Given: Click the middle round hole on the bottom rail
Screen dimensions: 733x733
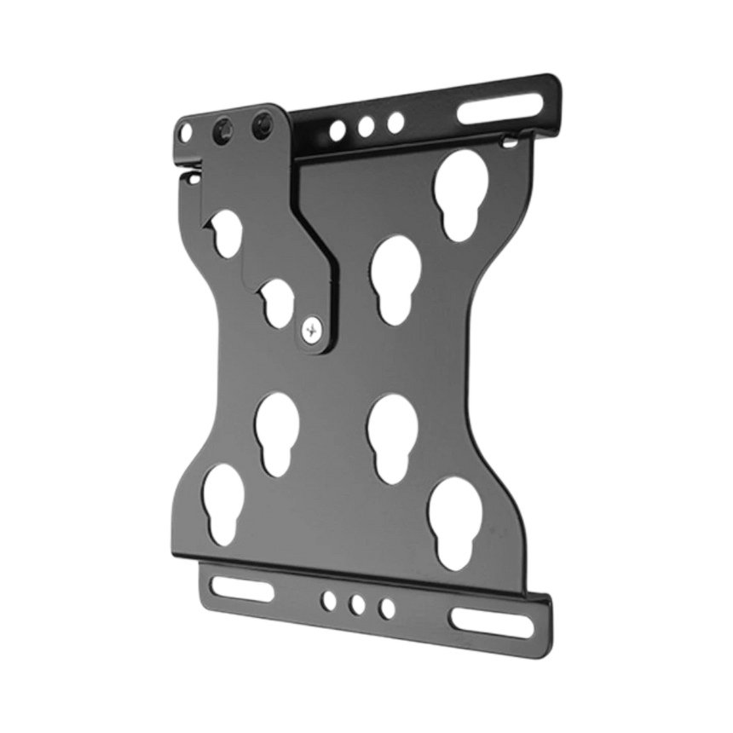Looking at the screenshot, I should point(358,604).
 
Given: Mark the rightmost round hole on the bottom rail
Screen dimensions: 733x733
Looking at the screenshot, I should point(387,609).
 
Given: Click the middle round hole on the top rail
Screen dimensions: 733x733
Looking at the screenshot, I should point(366,126).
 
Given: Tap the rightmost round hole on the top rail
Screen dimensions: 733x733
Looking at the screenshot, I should point(394,122).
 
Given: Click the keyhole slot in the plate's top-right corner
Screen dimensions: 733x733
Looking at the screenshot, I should point(460,193).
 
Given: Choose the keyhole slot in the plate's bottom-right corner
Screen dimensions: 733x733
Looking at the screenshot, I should point(455,519).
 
